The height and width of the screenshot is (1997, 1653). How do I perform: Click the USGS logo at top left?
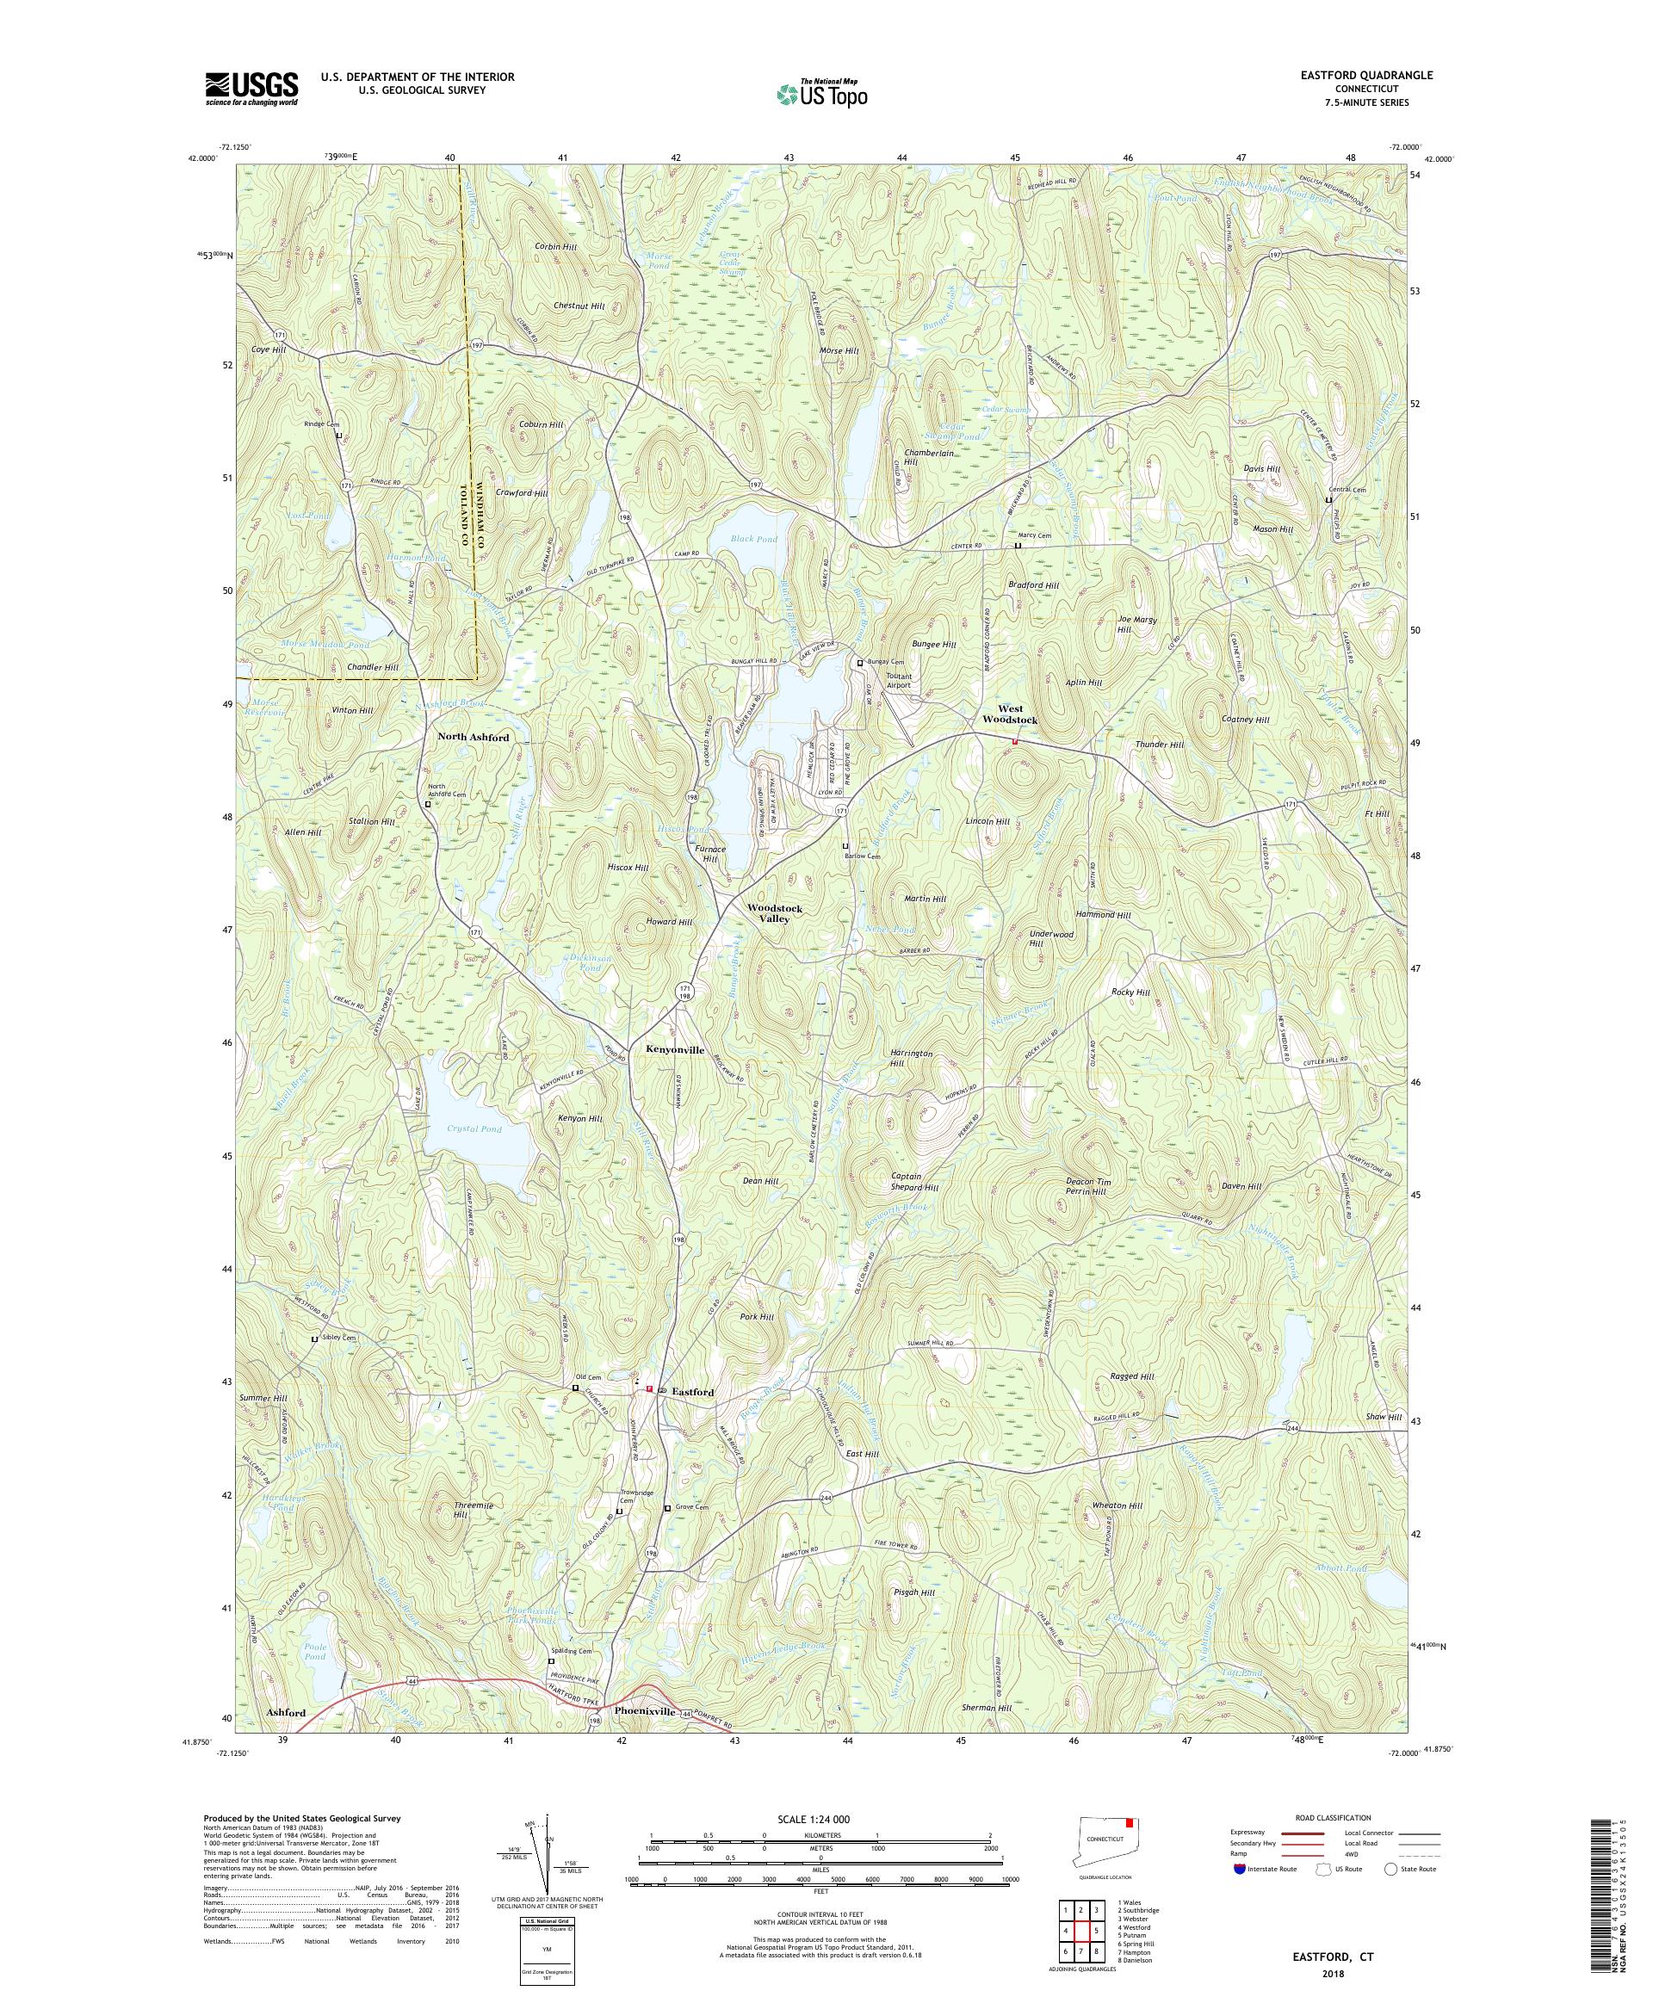(x=251, y=89)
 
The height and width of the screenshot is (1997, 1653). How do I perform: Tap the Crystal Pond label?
(x=472, y=1128)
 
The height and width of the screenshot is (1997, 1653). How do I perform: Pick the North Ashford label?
(x=473, y=737)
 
